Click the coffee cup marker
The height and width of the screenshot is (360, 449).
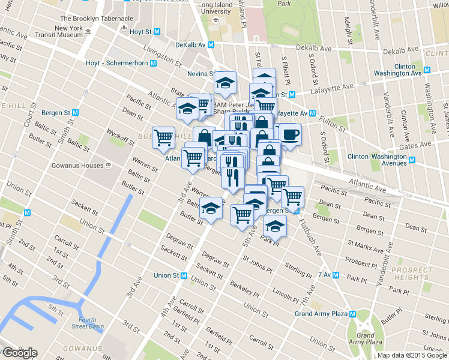pos(290,134)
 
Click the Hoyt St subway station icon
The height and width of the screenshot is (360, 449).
pos(157,31)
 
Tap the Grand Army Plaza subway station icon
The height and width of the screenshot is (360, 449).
pos(354,314)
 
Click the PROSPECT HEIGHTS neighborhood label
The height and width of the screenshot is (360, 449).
pos(411,274)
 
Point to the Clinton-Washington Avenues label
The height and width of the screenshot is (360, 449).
pos(377,160)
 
